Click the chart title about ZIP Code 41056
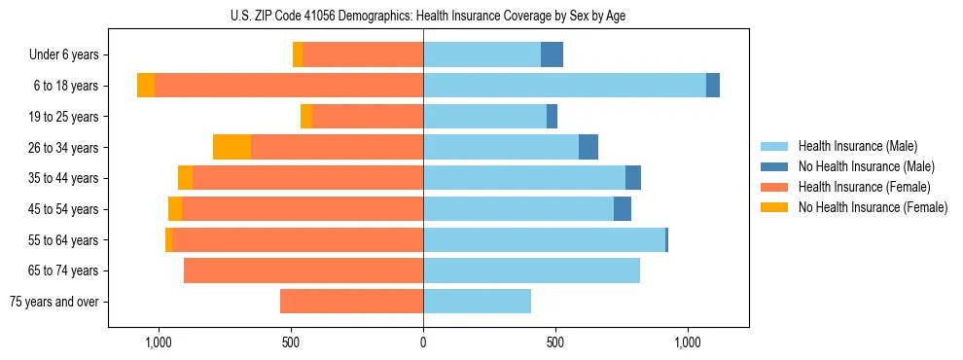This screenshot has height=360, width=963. tap(423, 16)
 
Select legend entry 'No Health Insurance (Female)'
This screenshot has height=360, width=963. tap(873, 207)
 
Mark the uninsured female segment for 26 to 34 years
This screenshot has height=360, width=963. tap(232, 147)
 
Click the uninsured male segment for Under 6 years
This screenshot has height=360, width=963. tap(552, 54)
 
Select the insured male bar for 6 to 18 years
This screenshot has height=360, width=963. tap(564, 86)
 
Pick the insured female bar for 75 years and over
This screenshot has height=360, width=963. tap(351, 302)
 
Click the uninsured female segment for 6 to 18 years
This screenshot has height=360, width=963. tap(146, 86)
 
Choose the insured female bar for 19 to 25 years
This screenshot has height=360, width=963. tap(367, 117)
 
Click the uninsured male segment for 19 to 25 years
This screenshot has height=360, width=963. tap(552, 117)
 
